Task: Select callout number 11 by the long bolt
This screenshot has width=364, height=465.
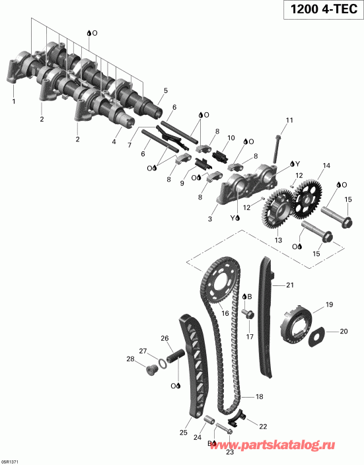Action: (x=289, y=120)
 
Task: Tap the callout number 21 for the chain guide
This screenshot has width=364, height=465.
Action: (x=289, y=285)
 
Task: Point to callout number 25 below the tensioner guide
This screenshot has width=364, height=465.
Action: (x=184, y=433)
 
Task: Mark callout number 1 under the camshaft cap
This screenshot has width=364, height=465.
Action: (x=13, y=101)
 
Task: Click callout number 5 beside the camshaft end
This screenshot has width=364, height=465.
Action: (x=165, y=90)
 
